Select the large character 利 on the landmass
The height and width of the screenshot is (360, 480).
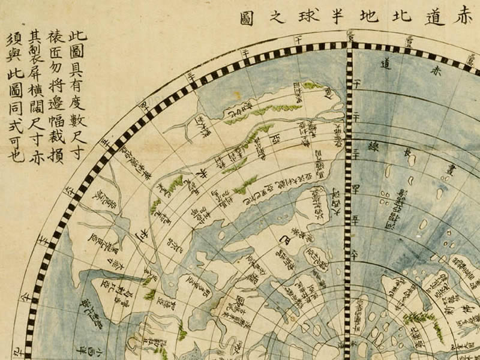point(142,233)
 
